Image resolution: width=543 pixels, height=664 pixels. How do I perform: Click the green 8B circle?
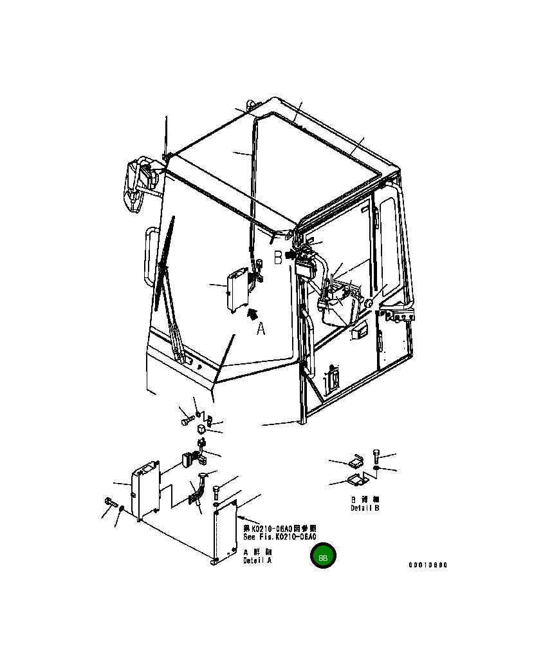(x=323, y=556)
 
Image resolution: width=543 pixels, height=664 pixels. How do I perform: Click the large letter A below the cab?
(x=261, y=328)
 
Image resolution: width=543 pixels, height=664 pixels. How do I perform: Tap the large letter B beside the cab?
(x=278, y=258)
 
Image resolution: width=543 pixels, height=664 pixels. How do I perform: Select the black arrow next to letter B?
(x=291, y=256)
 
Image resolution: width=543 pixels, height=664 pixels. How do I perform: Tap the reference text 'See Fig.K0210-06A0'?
(x=280, y=536)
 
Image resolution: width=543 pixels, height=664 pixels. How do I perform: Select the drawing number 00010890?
(x=428, y=565)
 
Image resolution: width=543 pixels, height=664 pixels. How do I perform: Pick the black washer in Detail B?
(x=376, y=469)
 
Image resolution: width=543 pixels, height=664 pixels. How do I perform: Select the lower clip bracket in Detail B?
(x=356, y=479)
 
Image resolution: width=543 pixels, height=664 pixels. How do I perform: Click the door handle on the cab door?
(x=332, y=381)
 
